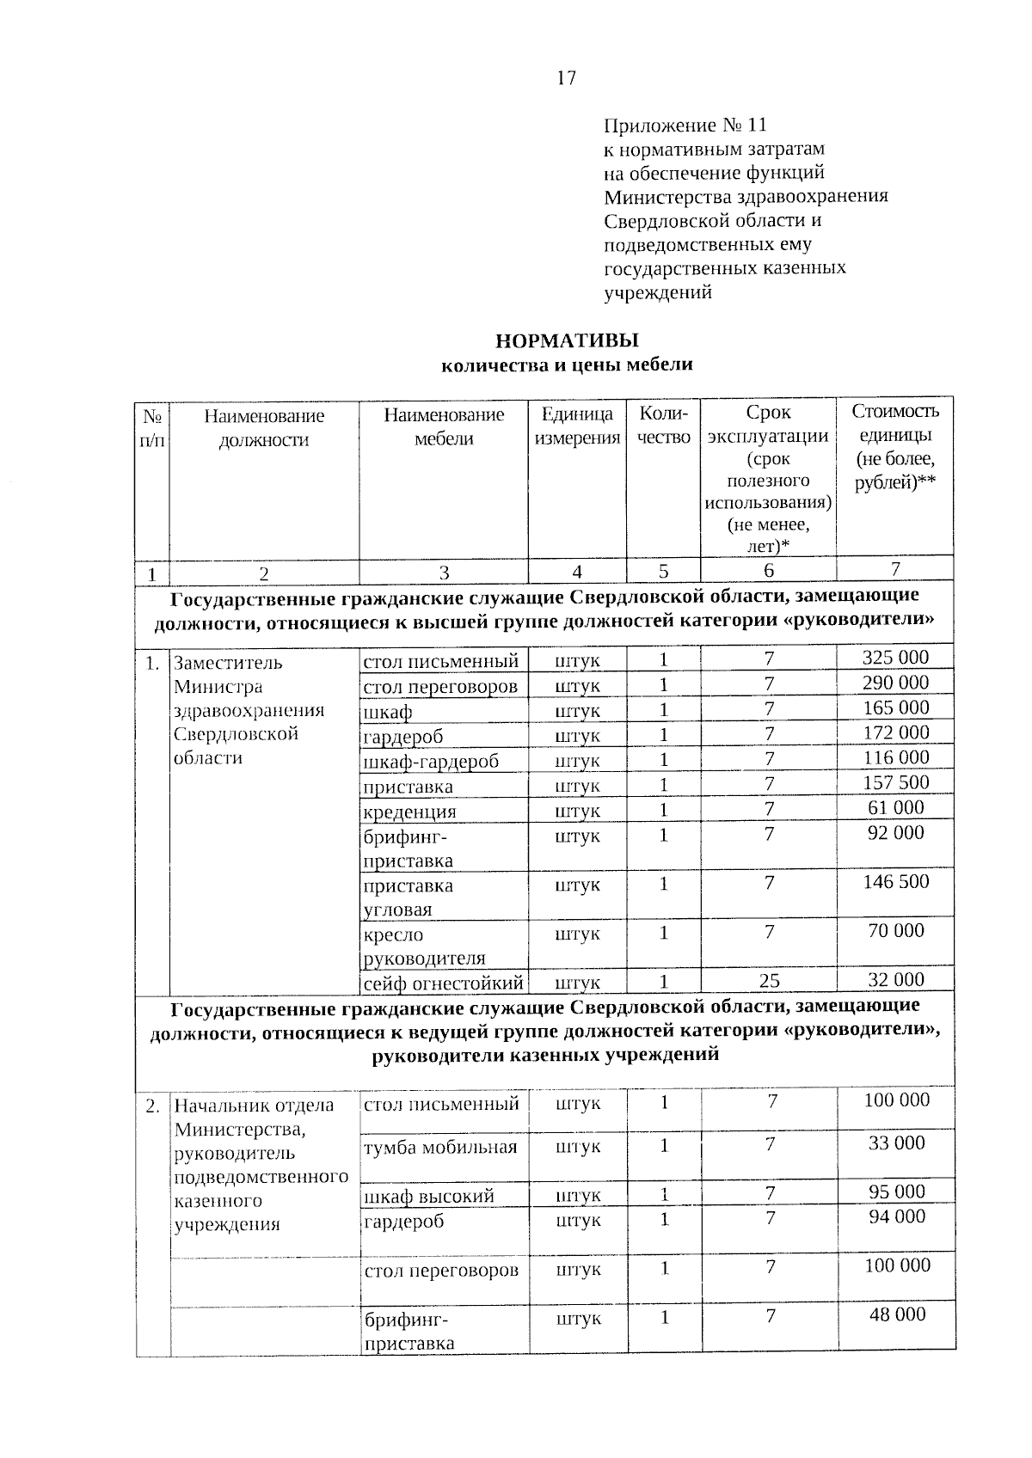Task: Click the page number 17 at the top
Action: click(x=566, y=78)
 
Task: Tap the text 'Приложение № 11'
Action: click(x=685, y=126)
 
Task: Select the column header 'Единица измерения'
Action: click(x=577, y=426)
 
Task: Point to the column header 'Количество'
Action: click(x=664, y=426)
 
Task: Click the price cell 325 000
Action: click(x=896, y=658)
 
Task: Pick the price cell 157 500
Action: click(x=896, y=782)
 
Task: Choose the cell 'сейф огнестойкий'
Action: click(x=443, y=982)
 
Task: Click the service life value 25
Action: click(x=770, y=981)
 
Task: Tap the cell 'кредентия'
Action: click(x=409, y=812)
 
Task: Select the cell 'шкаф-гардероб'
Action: click(x=431, y=762)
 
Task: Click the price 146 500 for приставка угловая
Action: click(x=896, y=881)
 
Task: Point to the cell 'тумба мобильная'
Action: click(x=440, y=1147)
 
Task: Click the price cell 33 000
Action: click(x=897, y=1143)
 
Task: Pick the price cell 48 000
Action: click(x=897, y=1314)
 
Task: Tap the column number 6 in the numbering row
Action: click(x=769, y=571)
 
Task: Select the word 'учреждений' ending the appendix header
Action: click(x=658, y=292)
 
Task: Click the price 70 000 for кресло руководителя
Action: click(x=896, y=930)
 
